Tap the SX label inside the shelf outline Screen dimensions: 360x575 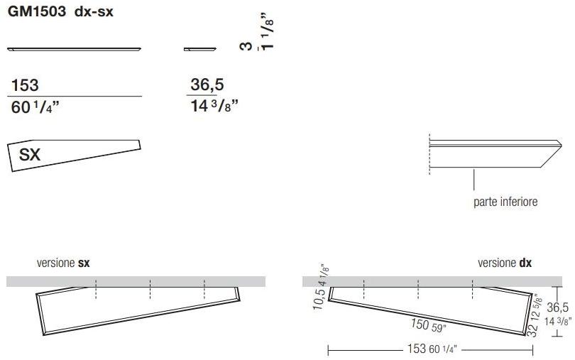(x=29, y=155)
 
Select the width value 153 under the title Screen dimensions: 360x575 (x=25, y=86)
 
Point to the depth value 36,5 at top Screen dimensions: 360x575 (x=207, y=85)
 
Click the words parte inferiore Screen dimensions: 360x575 (x=505, y=202)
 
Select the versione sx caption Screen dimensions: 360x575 (x=63, y=263)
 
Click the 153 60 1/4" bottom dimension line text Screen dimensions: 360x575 (x=429, y=349)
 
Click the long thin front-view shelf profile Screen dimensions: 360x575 (x=75, y=49)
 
